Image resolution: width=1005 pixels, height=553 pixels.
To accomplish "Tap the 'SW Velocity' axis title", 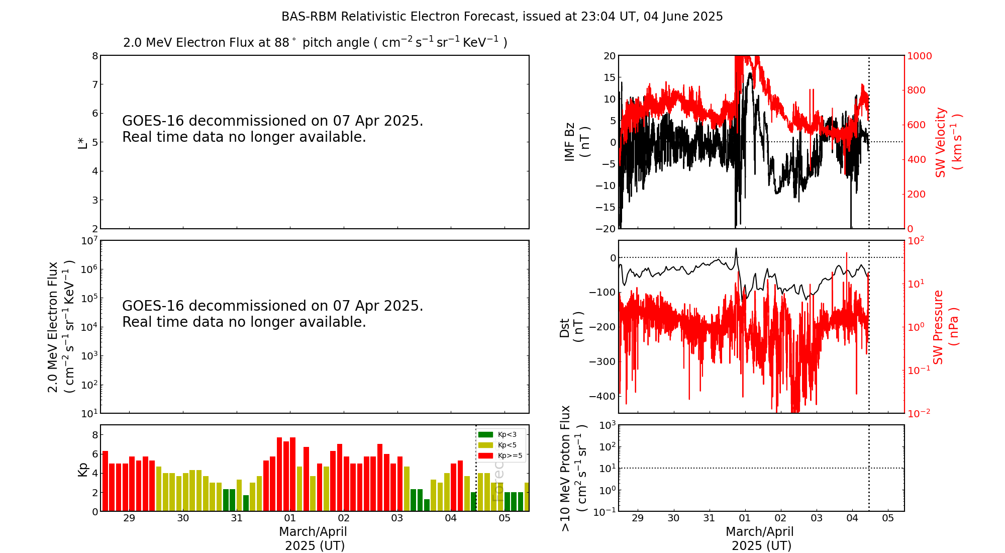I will coord(948,142).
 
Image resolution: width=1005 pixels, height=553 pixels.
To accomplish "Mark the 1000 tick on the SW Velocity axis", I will coord(919,56).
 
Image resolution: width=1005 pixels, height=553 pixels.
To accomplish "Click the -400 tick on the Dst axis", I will coord(603,396).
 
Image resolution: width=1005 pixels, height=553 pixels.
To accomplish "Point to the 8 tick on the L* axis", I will coord(95,56).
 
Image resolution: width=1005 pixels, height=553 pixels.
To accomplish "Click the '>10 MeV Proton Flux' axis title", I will coord(573,468).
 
